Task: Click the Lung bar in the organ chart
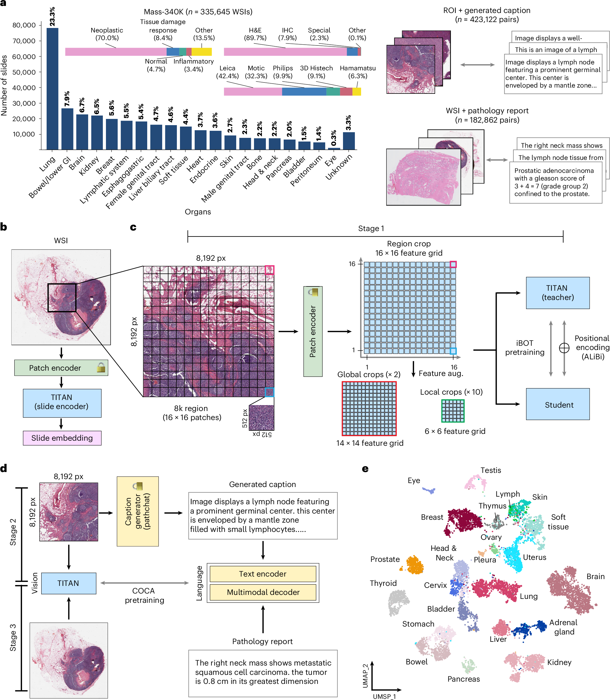(53, 88)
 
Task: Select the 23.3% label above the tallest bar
(52, 16)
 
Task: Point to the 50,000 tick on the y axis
(24, 72)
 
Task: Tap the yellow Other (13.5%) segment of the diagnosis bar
(201, 52)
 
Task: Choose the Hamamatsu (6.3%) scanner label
(357, 72)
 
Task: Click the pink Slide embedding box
(62, 438)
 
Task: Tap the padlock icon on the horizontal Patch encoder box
(101, 368)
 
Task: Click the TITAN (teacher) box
(557, 293)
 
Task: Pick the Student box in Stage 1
(557, 404)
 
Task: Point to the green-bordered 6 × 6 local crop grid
(453, 411)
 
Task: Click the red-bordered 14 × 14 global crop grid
(369, 408)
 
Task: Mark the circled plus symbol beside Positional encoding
(564, 348)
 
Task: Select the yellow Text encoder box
(263, 574)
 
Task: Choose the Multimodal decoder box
(263, 592)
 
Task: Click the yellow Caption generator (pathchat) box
(138, 511)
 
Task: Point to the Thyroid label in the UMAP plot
(383, 583)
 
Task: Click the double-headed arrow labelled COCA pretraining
(144, 583)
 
